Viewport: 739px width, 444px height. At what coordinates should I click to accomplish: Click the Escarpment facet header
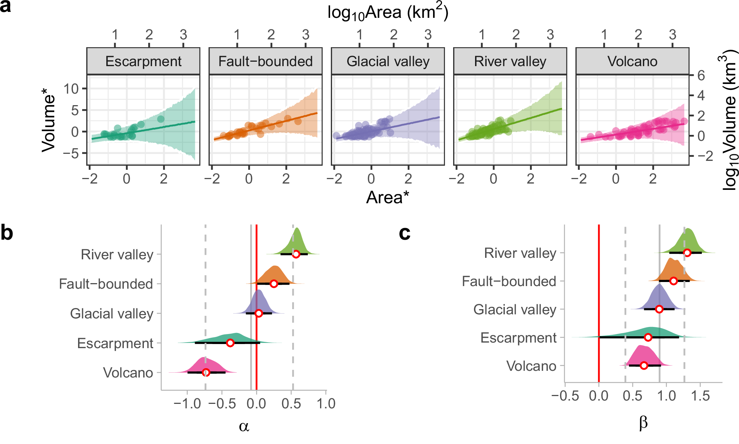(x=143, y=61)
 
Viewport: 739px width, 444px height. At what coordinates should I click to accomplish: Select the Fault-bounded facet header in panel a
(x=265, y=61)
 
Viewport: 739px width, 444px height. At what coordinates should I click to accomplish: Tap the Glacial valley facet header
(x=388, y=61)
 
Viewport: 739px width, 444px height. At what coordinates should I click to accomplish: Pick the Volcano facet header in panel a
(x=632, y=61)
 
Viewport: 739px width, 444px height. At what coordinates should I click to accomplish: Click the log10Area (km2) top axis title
(x=388, y=13)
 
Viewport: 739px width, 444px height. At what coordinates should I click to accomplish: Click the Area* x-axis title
(x=387, y=197)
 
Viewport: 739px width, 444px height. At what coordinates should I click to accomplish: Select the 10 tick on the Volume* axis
(x=71, y=89)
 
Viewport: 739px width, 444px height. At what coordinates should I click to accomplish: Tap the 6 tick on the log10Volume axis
(x=701, y=76)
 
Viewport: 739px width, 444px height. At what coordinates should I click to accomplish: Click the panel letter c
(x=404, y=233)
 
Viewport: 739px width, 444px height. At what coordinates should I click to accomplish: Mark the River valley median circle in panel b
(x=296, y=254)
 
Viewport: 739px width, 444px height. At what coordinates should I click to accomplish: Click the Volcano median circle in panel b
(x=206, y=372)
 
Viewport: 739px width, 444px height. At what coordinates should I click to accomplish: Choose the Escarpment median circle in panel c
(x=648, y=337)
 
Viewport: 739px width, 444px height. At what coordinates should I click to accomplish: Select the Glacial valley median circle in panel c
(x=659, y=309)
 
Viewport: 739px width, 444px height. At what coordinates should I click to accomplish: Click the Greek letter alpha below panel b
(x=244, y=426)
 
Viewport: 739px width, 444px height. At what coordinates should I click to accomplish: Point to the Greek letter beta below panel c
(x=643, y=423)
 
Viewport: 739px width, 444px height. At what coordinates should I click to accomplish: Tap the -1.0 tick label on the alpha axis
(x=187, y=404)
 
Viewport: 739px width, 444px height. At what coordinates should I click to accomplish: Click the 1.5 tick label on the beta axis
(x=700, y=396)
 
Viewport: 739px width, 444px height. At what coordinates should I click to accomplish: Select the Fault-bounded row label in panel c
(x=509, y=281)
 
